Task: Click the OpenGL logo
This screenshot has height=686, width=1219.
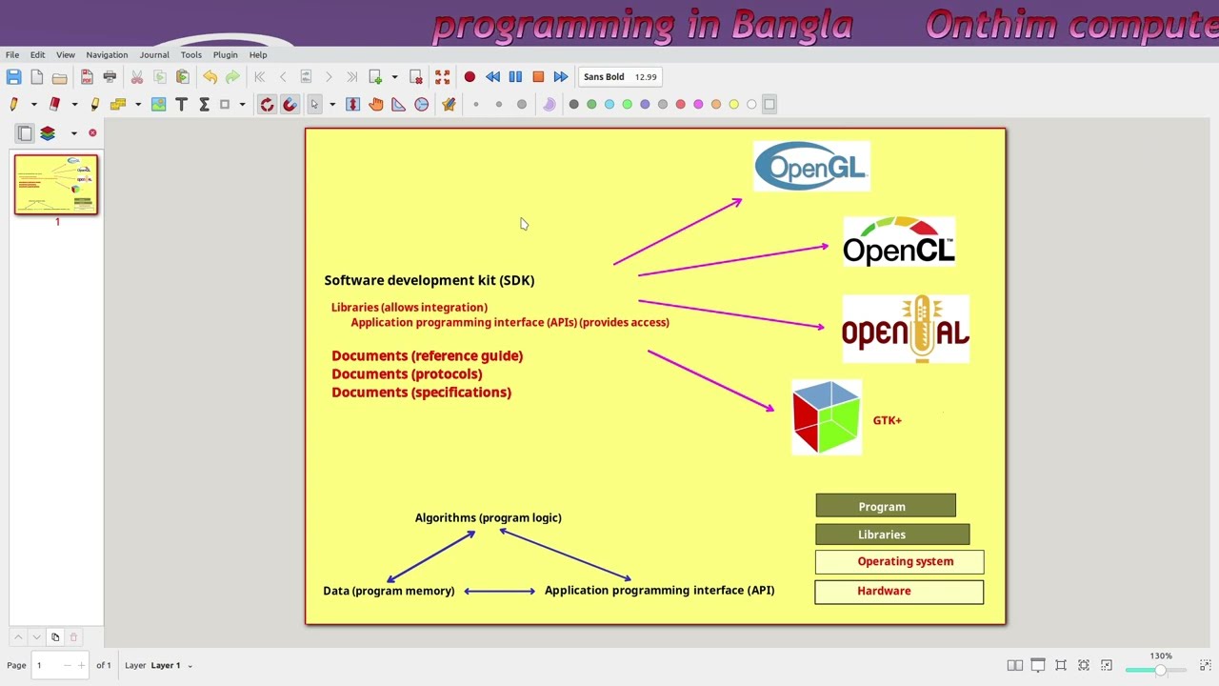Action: point(811,167)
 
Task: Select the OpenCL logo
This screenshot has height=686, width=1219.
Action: point(899,241)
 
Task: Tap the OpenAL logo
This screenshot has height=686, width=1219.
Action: point(906,330)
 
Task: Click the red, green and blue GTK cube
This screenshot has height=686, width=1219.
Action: point(827,417)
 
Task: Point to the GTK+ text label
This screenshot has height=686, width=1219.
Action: point(887,420)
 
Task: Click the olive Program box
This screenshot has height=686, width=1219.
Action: point(885,507)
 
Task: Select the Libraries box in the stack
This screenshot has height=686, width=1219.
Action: point(891,535)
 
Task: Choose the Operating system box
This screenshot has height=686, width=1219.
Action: point(899,562)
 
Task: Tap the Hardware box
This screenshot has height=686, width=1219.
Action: point(898,592)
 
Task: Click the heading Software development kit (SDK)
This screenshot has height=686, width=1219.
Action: point(429,280)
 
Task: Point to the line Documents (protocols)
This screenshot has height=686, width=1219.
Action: point(407,374)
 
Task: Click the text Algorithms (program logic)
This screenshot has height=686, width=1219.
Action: point(488,518)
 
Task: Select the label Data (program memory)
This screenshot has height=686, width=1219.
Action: point(389,591)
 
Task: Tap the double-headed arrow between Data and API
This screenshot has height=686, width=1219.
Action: point(499,591)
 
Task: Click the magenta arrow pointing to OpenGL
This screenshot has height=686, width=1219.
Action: point(677,232)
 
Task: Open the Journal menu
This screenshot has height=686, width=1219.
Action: point(154,54)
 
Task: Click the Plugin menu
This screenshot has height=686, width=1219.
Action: point(225,54)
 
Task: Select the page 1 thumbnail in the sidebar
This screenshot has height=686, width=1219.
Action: point(56,185)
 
